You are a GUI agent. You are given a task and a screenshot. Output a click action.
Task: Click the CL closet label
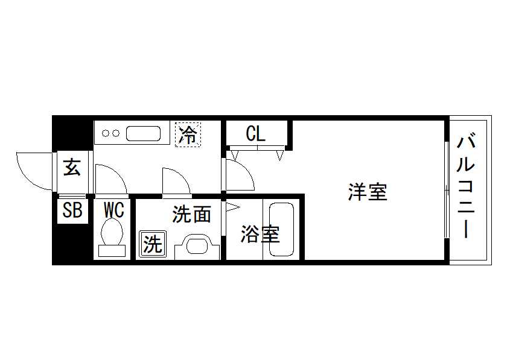pos(255,133)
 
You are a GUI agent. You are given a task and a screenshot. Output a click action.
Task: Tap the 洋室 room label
pos(368,192)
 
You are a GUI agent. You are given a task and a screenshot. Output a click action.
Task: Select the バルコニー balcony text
pos(465,187)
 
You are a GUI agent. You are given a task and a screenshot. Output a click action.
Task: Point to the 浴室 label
pos(261,234)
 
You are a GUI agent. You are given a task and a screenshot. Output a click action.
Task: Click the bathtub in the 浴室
pos(281,229)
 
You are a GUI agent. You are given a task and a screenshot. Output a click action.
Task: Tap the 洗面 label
pos(192,214)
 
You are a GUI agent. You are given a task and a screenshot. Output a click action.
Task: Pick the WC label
pos(114,210)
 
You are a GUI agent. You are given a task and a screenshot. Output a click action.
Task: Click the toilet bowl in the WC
pos(112,232)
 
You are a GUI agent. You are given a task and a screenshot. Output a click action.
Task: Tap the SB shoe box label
pos(72,210)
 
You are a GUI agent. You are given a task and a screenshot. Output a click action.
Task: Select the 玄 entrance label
pos(72,167)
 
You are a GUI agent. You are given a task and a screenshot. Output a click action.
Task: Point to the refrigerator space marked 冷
pos(188,134)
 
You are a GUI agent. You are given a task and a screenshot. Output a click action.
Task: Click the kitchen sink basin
pos(143,133)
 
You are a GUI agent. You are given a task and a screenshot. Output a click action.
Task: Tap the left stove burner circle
pos(106,133)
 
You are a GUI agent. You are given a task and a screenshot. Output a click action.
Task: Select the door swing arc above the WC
pos(117,173)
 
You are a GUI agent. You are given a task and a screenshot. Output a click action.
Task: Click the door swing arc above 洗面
pos(182,177)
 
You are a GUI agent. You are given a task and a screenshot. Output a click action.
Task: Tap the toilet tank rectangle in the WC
pos(112,251)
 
